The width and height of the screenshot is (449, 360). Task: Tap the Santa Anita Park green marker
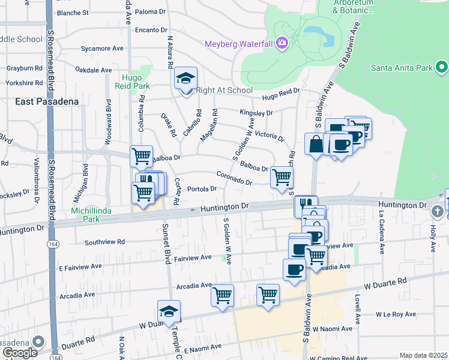[442, 67]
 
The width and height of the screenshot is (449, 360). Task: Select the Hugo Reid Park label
[136, 82]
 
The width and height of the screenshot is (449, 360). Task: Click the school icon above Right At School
[186, 79]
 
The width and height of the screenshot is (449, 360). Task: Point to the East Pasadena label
[47, 101]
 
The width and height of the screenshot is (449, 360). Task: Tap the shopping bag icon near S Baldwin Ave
[315, 145]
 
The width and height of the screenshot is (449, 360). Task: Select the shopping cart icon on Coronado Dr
[282, 178]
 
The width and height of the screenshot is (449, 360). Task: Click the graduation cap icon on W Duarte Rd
[169, 311]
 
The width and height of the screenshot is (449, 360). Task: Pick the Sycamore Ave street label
[102, 48]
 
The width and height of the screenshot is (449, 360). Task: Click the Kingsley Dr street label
[256, 112]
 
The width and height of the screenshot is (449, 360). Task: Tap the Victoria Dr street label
[269, 135]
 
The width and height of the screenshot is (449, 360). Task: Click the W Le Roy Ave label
[396, 314]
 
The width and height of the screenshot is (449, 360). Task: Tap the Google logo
[20, 353]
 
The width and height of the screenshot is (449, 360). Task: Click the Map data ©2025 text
[423, 355]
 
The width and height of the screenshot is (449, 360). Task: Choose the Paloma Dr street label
[150, 11]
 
